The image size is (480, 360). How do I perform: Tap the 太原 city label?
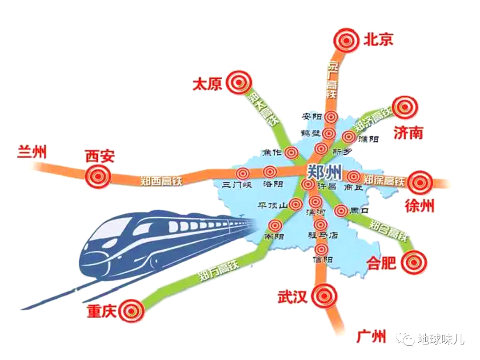pyautogui.click(x=207, y=84)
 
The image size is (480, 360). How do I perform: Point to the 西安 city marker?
pyautogui.click(x=97, y=176)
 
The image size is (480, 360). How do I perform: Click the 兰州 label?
pyautogui.click(x=32, y=152)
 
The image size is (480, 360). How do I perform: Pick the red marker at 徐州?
pyautogui.click(x=419, y=182)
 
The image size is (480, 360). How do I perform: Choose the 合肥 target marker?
pyautogui.click(x=414, y=262)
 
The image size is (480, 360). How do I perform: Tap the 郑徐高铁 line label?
pyautogui.click(x=383, y=180)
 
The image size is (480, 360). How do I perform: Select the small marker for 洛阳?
pyautogui.click(x=269, y=172)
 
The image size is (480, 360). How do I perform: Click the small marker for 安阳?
pyautogui.click(x=330, y=117)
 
